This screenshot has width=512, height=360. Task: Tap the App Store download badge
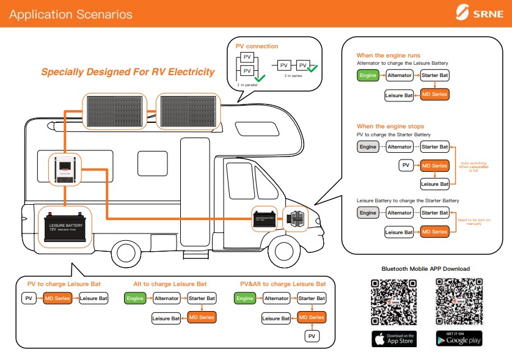pos(394,339)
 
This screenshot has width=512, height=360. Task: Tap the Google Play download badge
pos(459,339)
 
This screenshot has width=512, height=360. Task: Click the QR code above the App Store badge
pos(394,301)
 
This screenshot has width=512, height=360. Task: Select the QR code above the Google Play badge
pos(459,301)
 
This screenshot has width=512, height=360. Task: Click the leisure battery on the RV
pos(65,227)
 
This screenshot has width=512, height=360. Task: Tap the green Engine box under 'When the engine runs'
pos(368,75)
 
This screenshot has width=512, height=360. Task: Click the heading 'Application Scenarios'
pos(71,13)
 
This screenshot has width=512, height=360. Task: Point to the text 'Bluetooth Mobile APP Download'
pos(425,269)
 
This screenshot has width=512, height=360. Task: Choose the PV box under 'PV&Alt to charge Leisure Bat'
pos(312,336)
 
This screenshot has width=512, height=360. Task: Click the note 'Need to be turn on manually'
pos(474,222)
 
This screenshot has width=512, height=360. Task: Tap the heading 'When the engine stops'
pos(390,127)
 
